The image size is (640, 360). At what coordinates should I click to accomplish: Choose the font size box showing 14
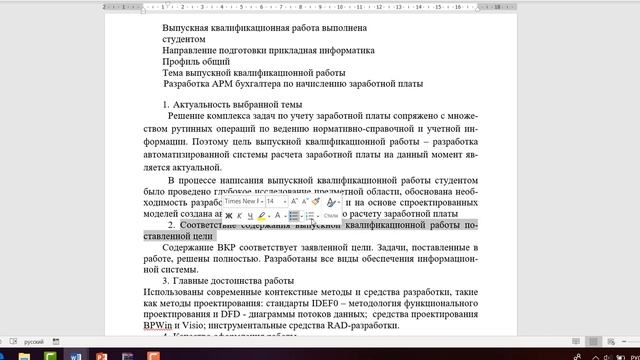pyautogui.click(x=270, y=201)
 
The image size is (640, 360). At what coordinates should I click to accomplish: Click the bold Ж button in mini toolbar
pyautogui.click(x=229, y=215)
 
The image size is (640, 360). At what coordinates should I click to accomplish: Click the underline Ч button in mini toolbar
pyautogui.click(x=250, y=215)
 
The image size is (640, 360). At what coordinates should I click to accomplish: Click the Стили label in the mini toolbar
pyautogui.click(x=331, y=216)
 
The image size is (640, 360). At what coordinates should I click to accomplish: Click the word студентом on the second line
pyautogui.click(x=184, y=39)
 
